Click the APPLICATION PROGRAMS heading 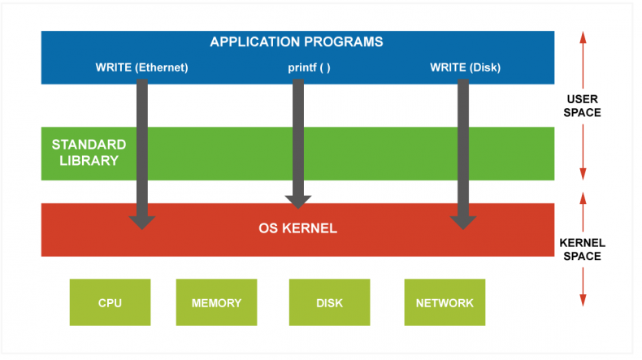tap(297, 41)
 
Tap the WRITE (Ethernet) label tap(141, 67)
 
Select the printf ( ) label tap(309, 67)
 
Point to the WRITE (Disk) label tap(465, 67)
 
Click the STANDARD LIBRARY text tap(89, 152)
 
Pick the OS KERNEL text tap(297, 228)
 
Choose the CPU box tap(111, 302)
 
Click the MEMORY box tap(217, 302)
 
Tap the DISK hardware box tap(330, 302)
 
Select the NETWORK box tap(445, 302)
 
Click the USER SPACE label tap(582, 106)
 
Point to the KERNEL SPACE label tap(582, 249)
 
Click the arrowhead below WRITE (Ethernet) tap(142, 223)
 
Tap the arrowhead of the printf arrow tap(298, 202)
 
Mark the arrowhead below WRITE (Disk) tap(463, 223)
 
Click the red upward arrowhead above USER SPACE tap(583, 37)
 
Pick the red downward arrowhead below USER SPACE tap(583, 174)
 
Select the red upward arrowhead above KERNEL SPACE tap(583, 198)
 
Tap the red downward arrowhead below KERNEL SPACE tap(583, 300)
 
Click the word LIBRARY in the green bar tap(89, 161)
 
